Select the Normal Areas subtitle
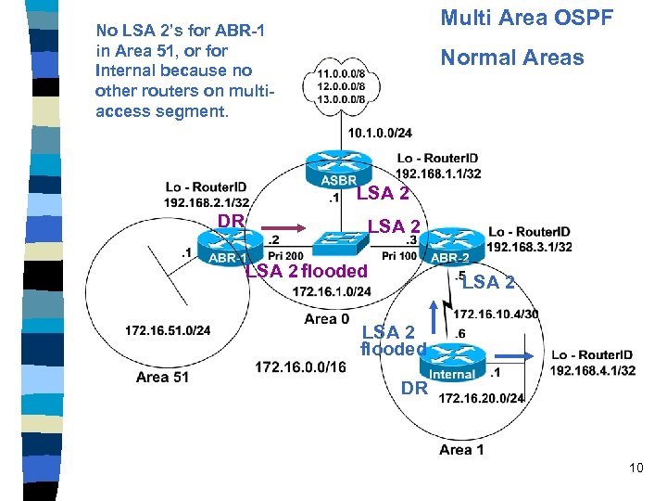pyautogui.click(x=511, y=58)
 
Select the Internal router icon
pyautogui.click(x=452, y=363)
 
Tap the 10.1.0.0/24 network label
pyautogui.click(x=381, y=133)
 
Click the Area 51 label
pyautogui.click(x=162, y=377)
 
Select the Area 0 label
pyautogui.click(x=321, y=319)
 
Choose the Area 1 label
pyautogui.click(x=461, y=450)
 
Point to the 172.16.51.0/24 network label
pyautogui.click(x=168, y=330)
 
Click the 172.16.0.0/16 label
pyautogui.click(x=300, y=367)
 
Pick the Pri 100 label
pyautogui.click(x=400, y=255)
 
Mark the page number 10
pyautogui.click(x=636, y=468)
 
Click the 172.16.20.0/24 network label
pyautogui.click(x=482, y=399)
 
